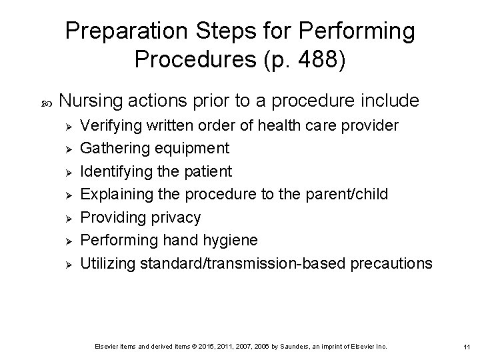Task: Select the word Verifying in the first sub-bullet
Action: coord(109,125)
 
